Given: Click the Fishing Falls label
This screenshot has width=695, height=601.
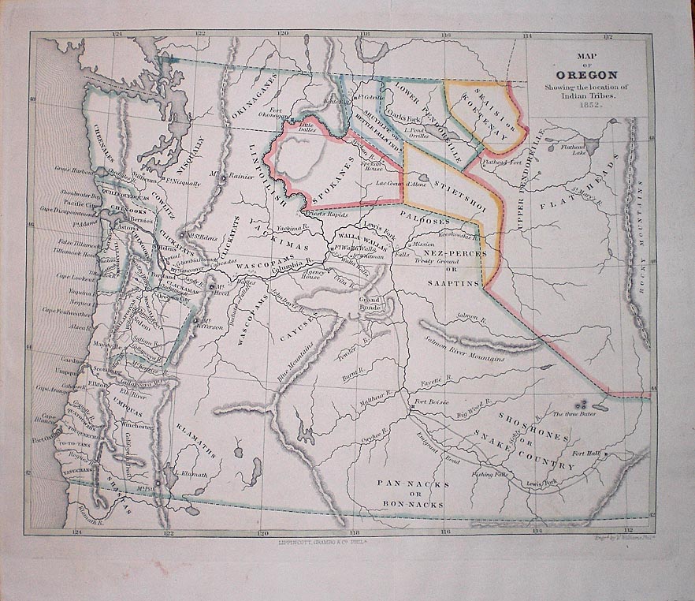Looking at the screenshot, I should (x=489, y=475).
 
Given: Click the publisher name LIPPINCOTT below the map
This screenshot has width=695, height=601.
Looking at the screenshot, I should (x=292, y=542).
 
